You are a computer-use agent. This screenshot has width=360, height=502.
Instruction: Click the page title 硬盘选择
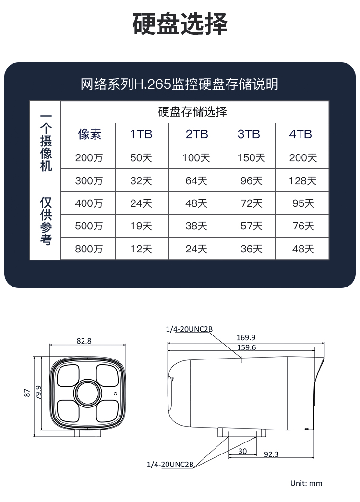tap(180, 24)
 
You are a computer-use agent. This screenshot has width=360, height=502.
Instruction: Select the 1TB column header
tap(141, 134)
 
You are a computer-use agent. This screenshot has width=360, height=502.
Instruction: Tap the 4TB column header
tap(300, 134)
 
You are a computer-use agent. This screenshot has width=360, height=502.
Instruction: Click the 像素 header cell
tap(89, 134)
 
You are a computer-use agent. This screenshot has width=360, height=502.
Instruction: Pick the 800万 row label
tap(89, 249)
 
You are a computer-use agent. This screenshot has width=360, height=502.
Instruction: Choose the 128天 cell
tap(302, 180)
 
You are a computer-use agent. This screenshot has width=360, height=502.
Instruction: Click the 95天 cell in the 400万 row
tap(303, 203)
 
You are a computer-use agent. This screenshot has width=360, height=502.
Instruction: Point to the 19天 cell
tap(141, 226)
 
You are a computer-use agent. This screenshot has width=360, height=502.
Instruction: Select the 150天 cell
tap(251, 157)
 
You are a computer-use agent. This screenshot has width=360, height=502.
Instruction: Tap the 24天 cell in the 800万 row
tap(196, 249)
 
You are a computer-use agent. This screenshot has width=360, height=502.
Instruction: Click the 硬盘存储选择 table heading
tap(192, 111)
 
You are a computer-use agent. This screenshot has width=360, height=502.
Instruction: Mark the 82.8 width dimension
tap(84, 341)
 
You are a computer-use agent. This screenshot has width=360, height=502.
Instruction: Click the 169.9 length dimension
tap(246, 337)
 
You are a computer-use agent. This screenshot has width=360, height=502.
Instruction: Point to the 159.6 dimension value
tap(246, 347)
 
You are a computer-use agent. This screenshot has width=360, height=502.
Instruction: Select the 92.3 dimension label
tap(271, 454)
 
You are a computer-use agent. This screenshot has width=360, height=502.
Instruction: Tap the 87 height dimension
tap(27, 393)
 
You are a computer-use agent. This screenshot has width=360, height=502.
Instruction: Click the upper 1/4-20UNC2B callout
tap(189, 329)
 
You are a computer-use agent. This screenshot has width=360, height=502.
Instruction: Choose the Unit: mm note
tap(306, 483)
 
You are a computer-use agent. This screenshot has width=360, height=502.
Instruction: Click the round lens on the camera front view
tap(88, 393)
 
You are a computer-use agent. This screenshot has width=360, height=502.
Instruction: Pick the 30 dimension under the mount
tap(242, 451)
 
